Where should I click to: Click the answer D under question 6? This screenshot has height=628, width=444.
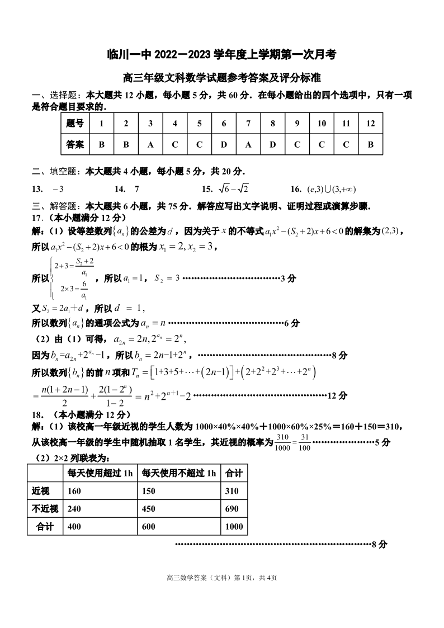click(x=224, y=144)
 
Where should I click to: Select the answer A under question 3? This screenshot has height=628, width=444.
click(x=150, y=144)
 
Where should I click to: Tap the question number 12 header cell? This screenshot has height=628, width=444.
click(x=370, y=124)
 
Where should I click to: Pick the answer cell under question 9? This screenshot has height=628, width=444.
click(x=297, y=144)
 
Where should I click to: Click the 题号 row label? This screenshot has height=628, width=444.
click(x=75, y=124)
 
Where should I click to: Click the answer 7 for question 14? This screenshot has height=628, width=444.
click(x=137, y=189)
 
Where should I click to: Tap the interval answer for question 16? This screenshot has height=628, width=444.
click(x=332, y=189)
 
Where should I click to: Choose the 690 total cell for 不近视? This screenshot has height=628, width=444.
click(x=232, y=509)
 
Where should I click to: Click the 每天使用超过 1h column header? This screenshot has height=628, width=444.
click(x=100, y=473)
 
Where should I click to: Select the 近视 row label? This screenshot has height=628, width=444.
click(x=41, y=491)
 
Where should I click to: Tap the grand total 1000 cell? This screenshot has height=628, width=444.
click(x=234, y=527)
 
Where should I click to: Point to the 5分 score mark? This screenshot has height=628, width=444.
click(x=382, y=442)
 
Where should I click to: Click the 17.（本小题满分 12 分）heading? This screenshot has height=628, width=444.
click(x=79, y=218)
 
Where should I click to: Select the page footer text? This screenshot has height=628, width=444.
click(x=222, y=578)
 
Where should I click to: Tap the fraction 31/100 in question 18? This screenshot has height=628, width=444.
click(x=305, y=442)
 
